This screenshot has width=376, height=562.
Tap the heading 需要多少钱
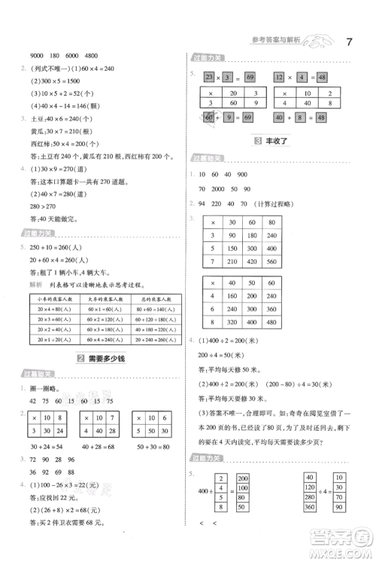point(102,358)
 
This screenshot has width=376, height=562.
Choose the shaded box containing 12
point(278,78)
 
